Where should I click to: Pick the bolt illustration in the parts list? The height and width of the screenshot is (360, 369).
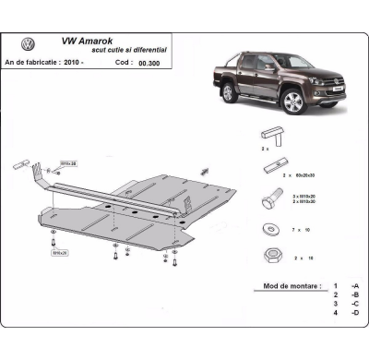tap(272, 197)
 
